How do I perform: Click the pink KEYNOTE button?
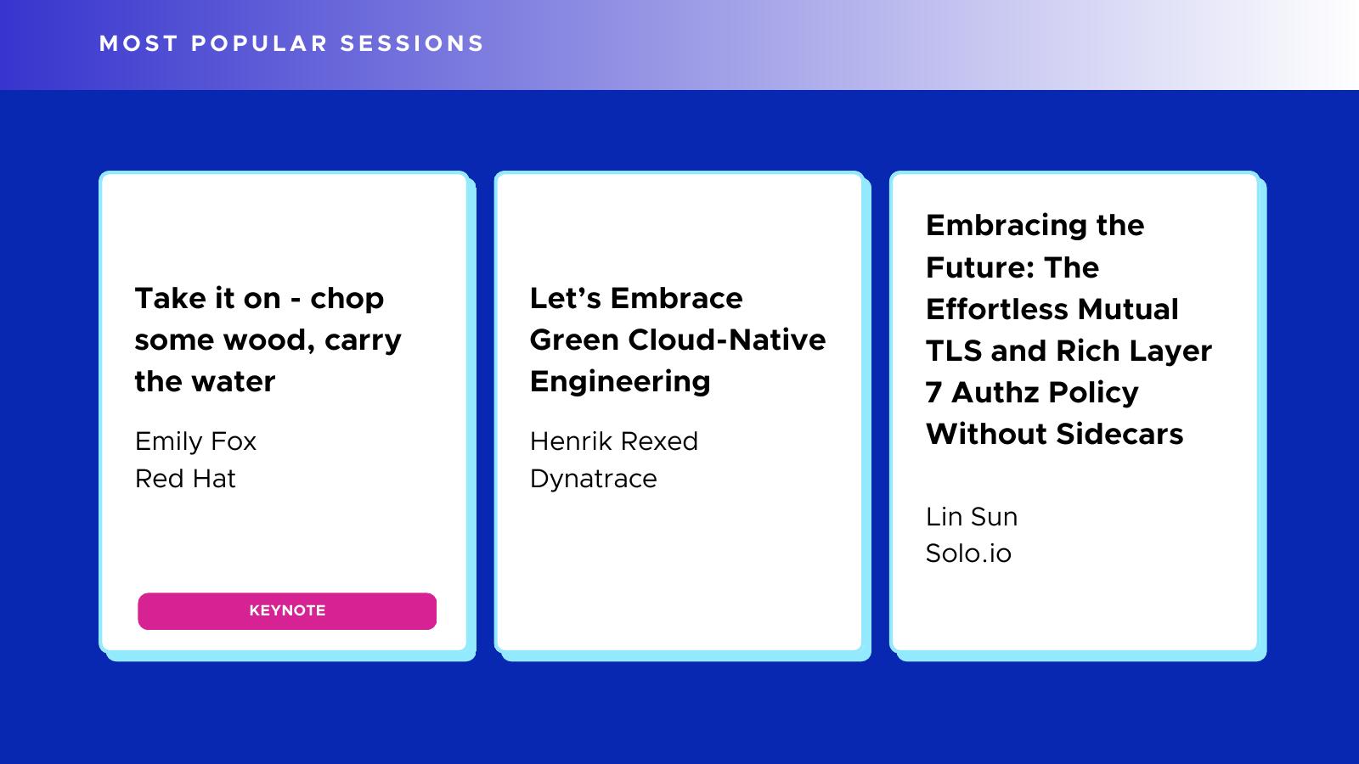point(287,610)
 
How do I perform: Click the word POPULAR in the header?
point(260,43)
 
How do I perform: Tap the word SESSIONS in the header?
point(412,43)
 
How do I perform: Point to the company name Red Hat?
point(185,479)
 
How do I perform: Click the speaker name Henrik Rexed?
point(614,441)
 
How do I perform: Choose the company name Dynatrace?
point(594,480)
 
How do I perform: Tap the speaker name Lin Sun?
point(972,517)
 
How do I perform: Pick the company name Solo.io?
point(968,553)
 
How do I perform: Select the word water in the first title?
point(233,382)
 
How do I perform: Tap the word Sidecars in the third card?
point(1119,434)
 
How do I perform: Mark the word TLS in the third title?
point(954,351)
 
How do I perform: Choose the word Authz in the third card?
point(995,392)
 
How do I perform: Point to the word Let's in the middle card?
point(566,298)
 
